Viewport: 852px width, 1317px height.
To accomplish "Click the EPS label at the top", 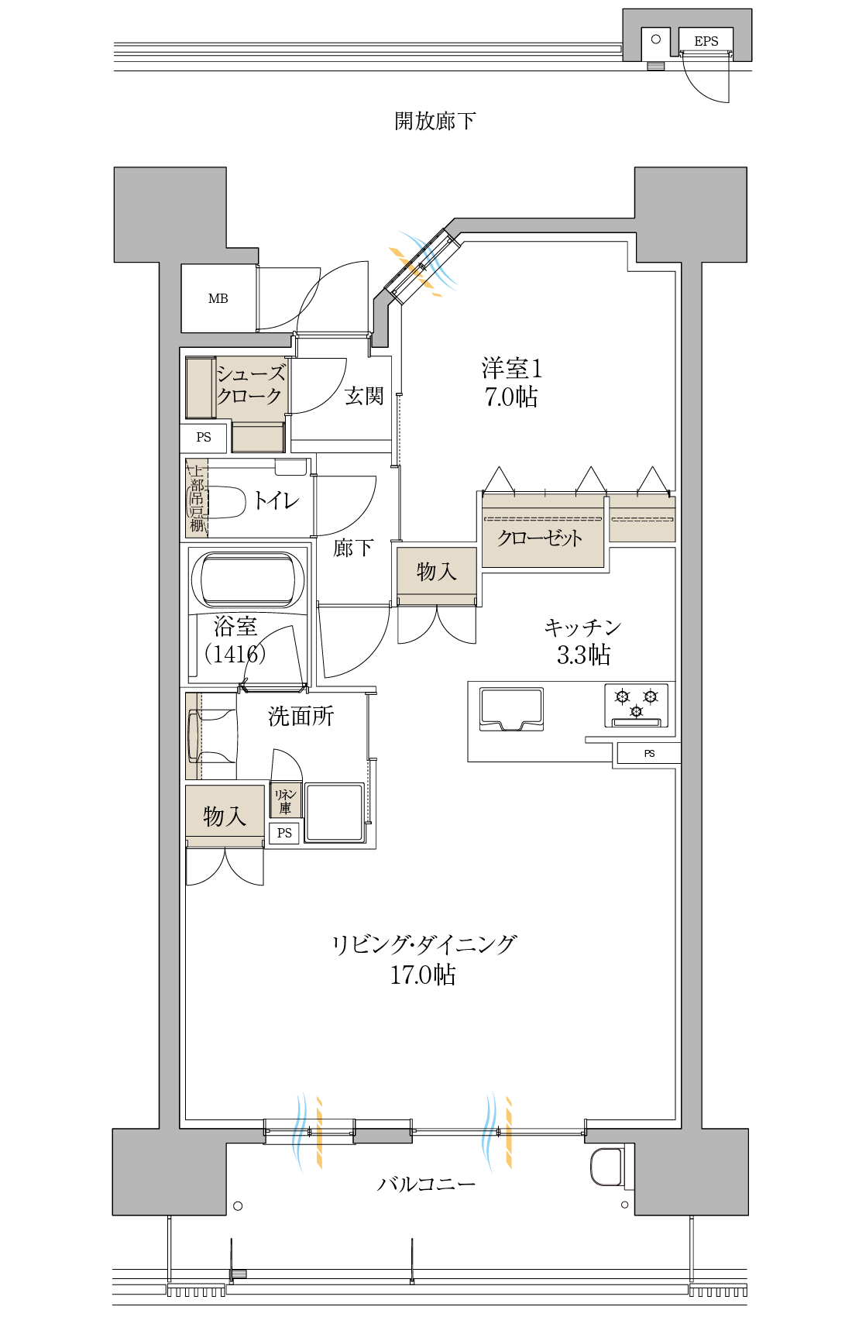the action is coord(706,41).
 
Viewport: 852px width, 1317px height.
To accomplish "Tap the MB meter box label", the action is coord(218,299).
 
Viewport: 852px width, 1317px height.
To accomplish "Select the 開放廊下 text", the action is coord(435,121).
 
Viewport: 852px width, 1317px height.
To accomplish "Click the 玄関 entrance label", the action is coord(364,397).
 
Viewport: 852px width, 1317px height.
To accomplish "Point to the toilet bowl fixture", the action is coord(225,502).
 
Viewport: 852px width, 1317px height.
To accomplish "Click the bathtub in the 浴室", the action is coord(248,579).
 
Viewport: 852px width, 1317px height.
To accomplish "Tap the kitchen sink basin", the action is coord(511,709).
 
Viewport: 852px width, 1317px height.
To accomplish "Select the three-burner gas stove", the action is coord(636,706).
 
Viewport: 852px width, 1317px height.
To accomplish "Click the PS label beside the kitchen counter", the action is coord(649,753).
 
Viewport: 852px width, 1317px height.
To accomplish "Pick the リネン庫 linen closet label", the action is coord(285,801).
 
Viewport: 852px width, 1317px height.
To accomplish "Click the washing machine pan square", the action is coord(335,812).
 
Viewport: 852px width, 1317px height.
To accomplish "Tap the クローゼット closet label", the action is coord(539,538).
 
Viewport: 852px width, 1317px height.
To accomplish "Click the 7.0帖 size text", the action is coord(510,397).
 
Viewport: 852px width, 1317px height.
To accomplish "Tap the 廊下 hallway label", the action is coord(352,548).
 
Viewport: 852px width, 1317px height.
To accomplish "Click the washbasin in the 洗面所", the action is coord(211,736).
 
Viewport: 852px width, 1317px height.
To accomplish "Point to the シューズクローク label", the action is coord(250,384).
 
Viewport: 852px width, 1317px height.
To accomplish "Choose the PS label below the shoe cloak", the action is coord(204,437).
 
